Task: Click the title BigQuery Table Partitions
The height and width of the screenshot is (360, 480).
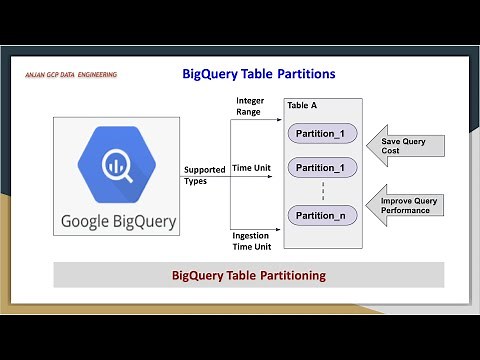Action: pyautogui.click(x=258, y=74)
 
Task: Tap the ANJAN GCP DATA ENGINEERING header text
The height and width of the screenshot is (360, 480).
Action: pyautogui.click(x=71, y=75)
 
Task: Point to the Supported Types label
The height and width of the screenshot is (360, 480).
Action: pyautogui.click(x=204, y=175)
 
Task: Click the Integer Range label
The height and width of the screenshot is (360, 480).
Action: pyautogui.click(x=250, y=106)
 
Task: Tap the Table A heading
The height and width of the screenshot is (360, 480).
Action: pyautogui.click(x=304, y=106)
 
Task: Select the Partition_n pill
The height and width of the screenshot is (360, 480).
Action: pyautogui.click(x=321, y=215)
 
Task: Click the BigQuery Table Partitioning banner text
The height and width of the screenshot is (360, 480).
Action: pyautogui.click(x=248, y=274)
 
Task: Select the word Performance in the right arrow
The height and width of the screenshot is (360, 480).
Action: pyautogui.click(x=409, y=212)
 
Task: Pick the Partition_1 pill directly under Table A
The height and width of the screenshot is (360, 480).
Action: pyautogui.click(x=321, y=132)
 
